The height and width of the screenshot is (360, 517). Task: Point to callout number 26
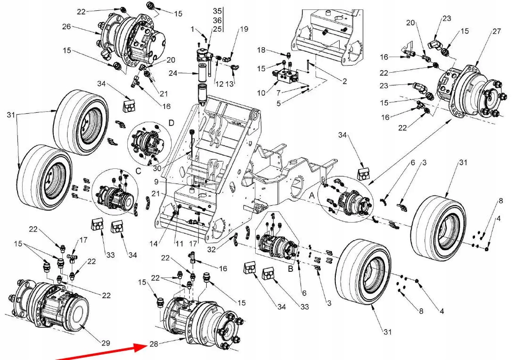(66, 27)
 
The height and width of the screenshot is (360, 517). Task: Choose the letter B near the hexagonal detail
(291, 269)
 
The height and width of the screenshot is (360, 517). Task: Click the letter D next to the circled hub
(171, 123)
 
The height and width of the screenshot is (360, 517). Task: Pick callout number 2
(344, 81)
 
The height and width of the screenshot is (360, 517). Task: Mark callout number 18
(261, 50)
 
